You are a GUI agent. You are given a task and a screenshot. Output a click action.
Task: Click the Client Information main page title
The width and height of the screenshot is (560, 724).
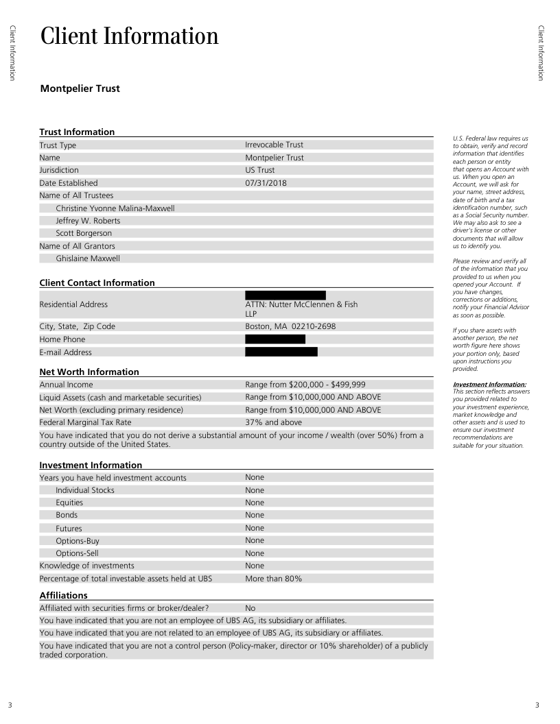click(130, 36)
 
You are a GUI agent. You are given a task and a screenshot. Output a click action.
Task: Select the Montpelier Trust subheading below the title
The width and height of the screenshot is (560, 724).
click(80, 88)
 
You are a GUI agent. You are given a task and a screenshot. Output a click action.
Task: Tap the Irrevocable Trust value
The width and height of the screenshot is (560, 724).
click(274, 145)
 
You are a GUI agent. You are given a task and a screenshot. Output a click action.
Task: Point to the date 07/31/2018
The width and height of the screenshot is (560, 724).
click(266, 183)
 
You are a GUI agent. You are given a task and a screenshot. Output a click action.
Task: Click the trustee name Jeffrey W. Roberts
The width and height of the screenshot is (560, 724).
click(88, 221)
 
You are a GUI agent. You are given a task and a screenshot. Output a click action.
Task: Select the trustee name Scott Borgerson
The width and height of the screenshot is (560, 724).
click(84, 233)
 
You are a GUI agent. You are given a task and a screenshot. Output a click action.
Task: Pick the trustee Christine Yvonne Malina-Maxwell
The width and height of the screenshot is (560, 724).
click(115, 208)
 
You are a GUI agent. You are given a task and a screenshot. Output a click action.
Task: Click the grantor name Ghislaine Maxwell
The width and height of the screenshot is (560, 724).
click(88, 258)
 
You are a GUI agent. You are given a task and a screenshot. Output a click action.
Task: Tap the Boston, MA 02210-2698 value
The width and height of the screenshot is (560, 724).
click(290, 326)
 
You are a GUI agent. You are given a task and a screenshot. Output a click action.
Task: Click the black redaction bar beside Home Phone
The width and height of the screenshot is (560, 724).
click(275, 339)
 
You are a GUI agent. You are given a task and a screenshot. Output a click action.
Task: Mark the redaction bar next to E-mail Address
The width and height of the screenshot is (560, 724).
click(281, 352)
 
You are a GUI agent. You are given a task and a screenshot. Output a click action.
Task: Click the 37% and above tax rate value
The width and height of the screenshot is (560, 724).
click(272, 422)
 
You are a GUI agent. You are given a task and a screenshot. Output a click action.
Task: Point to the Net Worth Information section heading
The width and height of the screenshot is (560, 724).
click(89, 372)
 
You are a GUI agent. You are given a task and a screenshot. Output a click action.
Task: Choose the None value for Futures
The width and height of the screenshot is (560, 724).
click(255, 528)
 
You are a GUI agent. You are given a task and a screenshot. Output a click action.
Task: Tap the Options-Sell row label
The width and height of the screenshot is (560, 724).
click(78, 553)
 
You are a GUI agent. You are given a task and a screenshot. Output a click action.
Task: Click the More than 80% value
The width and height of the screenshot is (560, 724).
click(273, 579)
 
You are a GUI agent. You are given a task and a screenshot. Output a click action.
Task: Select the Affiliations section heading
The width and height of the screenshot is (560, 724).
click(64, 595)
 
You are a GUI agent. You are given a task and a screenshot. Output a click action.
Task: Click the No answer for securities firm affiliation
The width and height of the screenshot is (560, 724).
click(250, 607)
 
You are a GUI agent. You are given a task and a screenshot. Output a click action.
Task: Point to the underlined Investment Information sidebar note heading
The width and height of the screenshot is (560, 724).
click(489, 385)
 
